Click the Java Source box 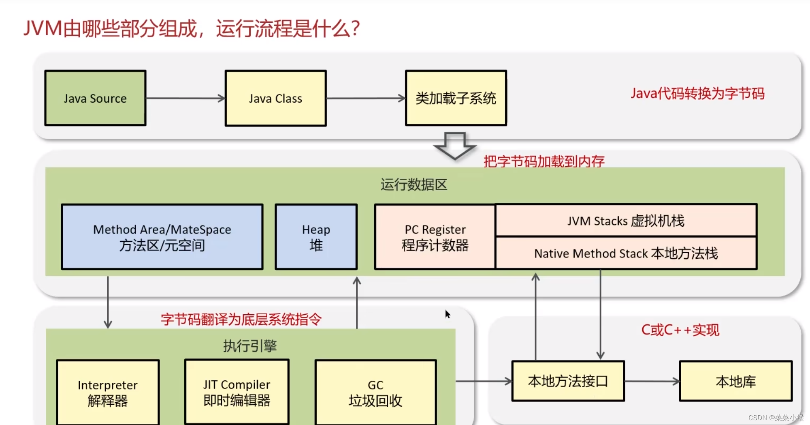95,98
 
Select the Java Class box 275,98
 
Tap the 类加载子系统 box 456,98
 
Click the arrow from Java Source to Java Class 185,98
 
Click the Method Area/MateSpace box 162,237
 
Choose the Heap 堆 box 316,237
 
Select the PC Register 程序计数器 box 435,237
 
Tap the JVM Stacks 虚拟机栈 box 626,221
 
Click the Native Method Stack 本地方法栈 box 626,253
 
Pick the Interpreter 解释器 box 108,392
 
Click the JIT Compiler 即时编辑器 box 237,392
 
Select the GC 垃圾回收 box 375,392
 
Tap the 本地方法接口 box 568,381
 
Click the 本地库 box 735,381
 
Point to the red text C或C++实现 680,330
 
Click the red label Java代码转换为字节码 697,94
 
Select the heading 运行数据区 414,185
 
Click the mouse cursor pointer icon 447,314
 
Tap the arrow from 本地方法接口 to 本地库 652,381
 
